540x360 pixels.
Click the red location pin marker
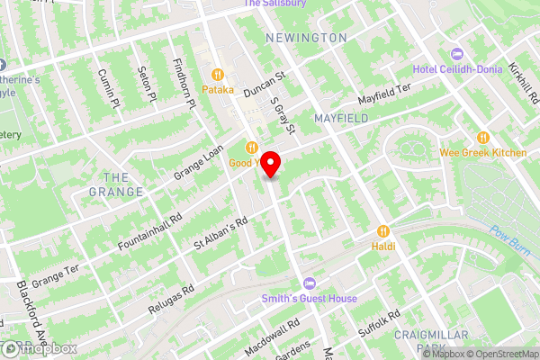coord(271,165)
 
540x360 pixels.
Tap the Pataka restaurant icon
coord(217,74)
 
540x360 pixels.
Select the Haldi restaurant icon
coord(384,229)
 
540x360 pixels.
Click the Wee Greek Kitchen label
coord(483,153)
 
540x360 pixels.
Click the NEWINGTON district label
coord(306,38)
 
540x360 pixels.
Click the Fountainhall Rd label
coord(150,232)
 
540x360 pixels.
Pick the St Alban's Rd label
coord(220,234)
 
